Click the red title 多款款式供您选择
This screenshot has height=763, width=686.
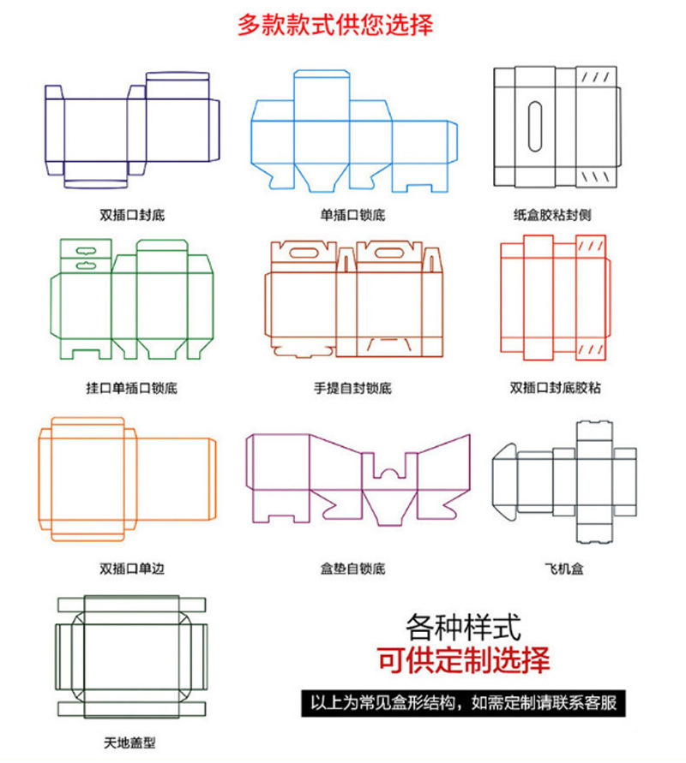(x=336, y=25)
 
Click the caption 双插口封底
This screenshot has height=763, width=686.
(x=132, y=214)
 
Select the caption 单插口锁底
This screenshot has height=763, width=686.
(x=352, y=214)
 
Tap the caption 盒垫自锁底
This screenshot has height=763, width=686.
(x=352, y=568)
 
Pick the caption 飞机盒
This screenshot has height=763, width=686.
(x=564, y=568)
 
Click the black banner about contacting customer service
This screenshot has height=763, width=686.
(x=463, y=704)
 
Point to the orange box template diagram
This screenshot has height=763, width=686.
(x=127, y=480)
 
